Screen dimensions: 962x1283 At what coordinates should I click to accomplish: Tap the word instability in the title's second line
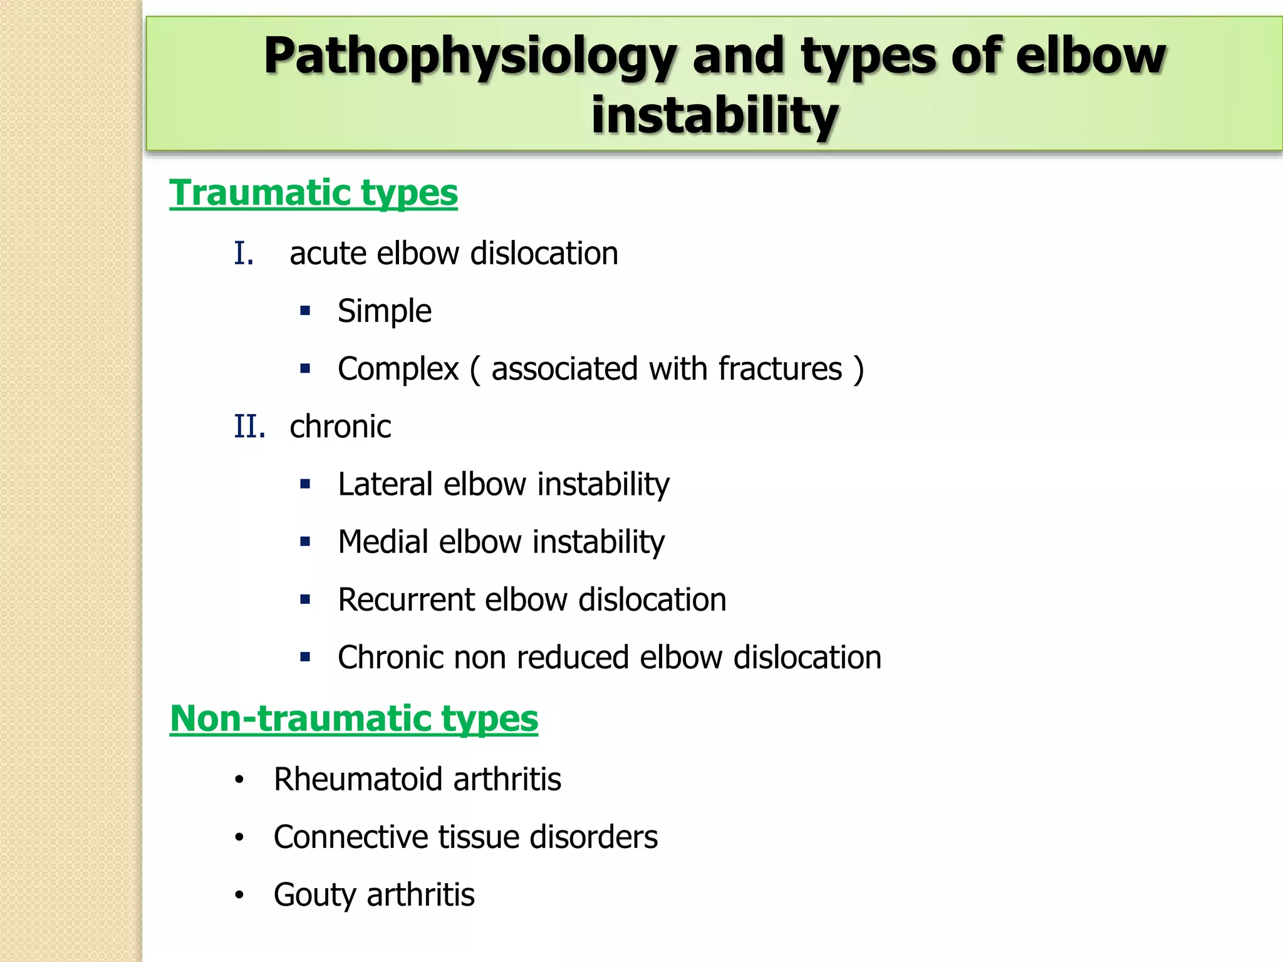click(714, 115)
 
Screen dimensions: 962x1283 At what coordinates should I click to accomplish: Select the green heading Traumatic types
click(313, 192)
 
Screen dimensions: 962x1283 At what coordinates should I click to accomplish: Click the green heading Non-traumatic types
click(354, 718)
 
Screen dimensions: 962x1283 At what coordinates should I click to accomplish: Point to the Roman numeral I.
click(244, 254)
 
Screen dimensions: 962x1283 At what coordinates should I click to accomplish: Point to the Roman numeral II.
click(249, 427)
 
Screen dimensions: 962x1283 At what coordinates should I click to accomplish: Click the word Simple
click(384, 311)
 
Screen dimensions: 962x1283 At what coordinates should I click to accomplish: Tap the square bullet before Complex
click(305, 369)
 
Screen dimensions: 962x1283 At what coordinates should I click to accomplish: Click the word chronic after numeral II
click(340, 427)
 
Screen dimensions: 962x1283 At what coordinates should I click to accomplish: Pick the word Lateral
click(385, 484)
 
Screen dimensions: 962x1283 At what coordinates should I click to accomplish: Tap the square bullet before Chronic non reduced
click(305, 658)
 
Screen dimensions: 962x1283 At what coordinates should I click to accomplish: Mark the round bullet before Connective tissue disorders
click(239, 838)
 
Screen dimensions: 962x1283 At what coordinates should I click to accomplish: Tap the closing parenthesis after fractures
click(859, 369)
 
